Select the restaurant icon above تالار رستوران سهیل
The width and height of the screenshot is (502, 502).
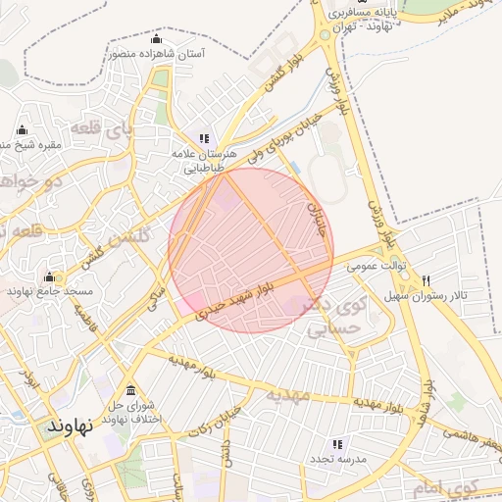426,280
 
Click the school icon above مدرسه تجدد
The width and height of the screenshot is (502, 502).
338,444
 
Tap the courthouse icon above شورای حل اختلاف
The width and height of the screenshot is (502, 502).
130,391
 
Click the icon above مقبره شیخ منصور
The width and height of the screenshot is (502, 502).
22,130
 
